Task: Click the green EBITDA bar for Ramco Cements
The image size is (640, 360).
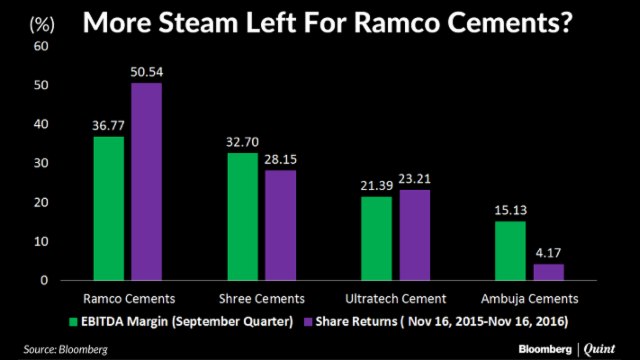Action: click(108, 208)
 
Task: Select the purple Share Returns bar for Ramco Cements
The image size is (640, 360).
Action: click(146, 181)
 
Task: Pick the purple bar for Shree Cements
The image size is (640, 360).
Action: click(281, 225)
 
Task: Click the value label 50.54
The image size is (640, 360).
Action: click(146, 72)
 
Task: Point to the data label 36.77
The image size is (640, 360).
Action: click(108, 126)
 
